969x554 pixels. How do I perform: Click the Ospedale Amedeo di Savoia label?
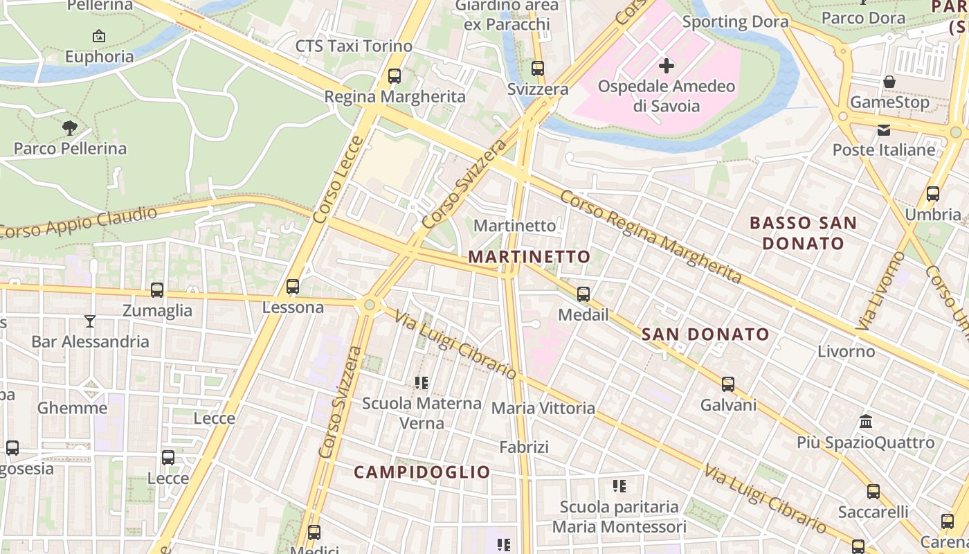(x=666, y=96)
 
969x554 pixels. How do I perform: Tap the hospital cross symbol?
(x=667, y=66)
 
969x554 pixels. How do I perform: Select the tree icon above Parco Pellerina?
(x=70, y=127)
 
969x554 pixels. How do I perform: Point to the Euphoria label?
(x=99, y=57)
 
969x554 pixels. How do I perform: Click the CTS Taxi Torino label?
(x=354, y=46)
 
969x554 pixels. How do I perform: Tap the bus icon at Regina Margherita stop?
(x=395, y=75)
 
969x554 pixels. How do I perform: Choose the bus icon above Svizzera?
(x=538, y=69)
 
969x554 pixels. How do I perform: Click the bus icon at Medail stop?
(x=583, y=294)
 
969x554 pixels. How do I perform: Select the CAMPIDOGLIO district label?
(x=422, y=472)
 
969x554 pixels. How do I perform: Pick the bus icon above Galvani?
(x=728, y=384)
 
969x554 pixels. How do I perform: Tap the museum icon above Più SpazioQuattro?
(x=865, y=421)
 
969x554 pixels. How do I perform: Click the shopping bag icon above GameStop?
(x=889, y=82)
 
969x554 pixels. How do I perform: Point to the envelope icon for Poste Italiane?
(x=884, y=129)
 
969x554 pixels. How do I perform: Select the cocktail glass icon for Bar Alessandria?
(x=90, y=321)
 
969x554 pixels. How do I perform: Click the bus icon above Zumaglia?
(x=157, y=289)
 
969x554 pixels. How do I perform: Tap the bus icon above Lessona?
(x=293, y=286)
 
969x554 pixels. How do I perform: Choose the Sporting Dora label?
(x=735, y=22)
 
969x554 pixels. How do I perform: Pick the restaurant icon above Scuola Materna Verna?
(x=422, y=382)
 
